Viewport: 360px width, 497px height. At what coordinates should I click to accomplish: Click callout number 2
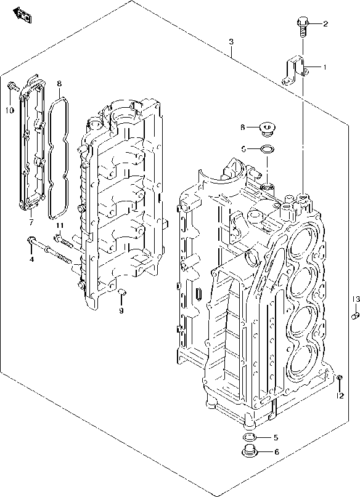(x=325, y=24)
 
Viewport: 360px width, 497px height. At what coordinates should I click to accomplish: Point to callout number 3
(x=231, y=41)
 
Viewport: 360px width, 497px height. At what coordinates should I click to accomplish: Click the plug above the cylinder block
(x=268, y=129)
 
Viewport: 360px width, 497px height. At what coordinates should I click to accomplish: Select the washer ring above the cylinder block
(x=268, y=148)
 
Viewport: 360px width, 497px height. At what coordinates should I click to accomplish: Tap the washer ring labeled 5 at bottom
(x=249, y=438)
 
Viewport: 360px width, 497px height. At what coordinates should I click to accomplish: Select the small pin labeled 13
(x=354, y=316)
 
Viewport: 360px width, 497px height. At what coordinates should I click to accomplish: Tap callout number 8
(x=59, y=83)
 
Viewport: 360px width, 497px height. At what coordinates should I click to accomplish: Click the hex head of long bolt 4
(x=31, y=241)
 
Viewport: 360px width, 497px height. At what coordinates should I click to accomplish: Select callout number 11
(x=59, y=226)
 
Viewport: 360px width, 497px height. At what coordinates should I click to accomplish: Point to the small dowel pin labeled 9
(x=121, y=290)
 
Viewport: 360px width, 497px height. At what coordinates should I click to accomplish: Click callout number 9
(x=121, y=310)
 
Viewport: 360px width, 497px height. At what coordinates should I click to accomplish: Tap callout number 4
(x=32, y=258)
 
